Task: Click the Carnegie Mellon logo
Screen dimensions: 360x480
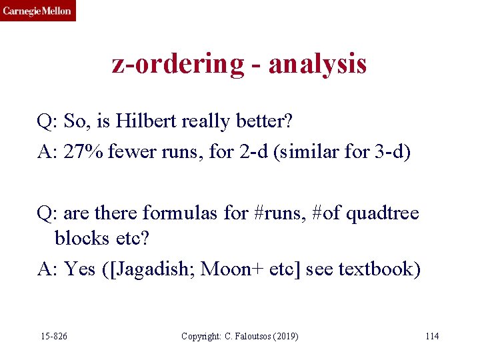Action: point(37,11)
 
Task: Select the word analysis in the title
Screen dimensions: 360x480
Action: point(319,65)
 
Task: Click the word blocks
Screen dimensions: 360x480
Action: point(81,238)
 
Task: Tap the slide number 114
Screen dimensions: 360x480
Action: point(432,335)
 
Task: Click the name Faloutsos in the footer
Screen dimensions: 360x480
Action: point(251,335)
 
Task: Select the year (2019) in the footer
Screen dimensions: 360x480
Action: point(286,335)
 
